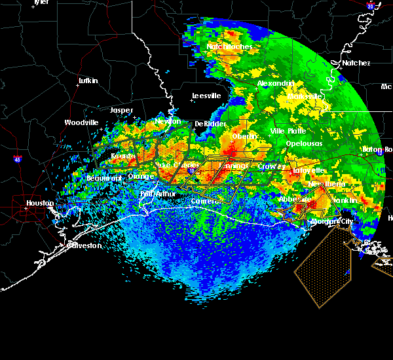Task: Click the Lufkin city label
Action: coord(88,81)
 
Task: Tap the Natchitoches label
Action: coord(230,47)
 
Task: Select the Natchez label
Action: coord(356,63)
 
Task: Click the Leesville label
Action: coord(206,96)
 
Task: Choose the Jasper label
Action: coord(121,110)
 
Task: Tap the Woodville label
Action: coord(81,122)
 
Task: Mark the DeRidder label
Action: coord(210,124)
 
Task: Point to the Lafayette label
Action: coord(309,170)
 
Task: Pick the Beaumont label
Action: coord(104,178)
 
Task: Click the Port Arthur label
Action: coord(155,194)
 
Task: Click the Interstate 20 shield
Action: coord(371,6)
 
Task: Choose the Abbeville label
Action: coord(294,199)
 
